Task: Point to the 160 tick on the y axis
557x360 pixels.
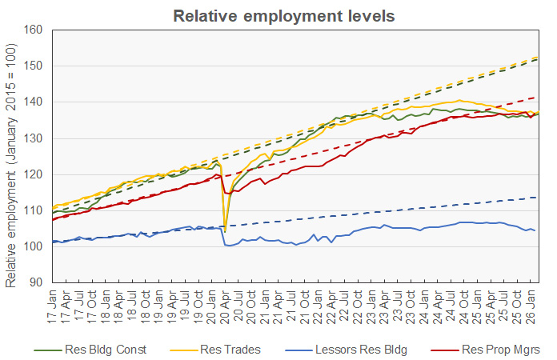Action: pos(32,30)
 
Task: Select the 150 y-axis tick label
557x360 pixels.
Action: pos(32,66)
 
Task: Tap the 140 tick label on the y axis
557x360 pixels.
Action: pos(32,102)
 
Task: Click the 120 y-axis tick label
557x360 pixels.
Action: pos(32,174)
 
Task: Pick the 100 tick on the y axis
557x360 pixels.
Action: pos(32,246)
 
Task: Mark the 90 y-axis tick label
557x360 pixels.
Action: pos(34,282)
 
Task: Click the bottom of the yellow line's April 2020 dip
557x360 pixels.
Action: pos(225,231)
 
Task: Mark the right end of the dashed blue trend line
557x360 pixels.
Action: pos(536,198)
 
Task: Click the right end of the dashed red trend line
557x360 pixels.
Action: pos(536,98)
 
